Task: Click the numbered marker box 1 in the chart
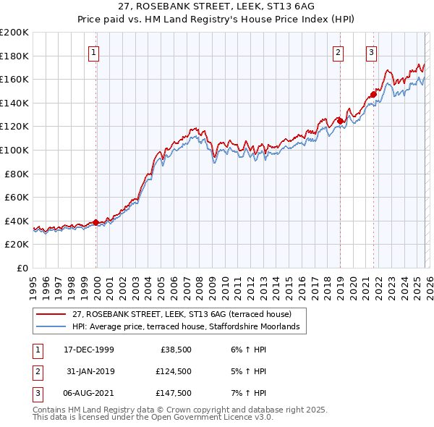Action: [x=95, y=51]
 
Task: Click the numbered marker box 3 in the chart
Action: [x=370, y=51]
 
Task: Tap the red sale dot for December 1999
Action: [x=96, y=222]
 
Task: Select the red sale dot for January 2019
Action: [x=340, y=121]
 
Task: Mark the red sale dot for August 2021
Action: [x=373, y=94]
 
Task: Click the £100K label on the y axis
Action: [x=14, y=150]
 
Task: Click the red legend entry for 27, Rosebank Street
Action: [x=181, y=314]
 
